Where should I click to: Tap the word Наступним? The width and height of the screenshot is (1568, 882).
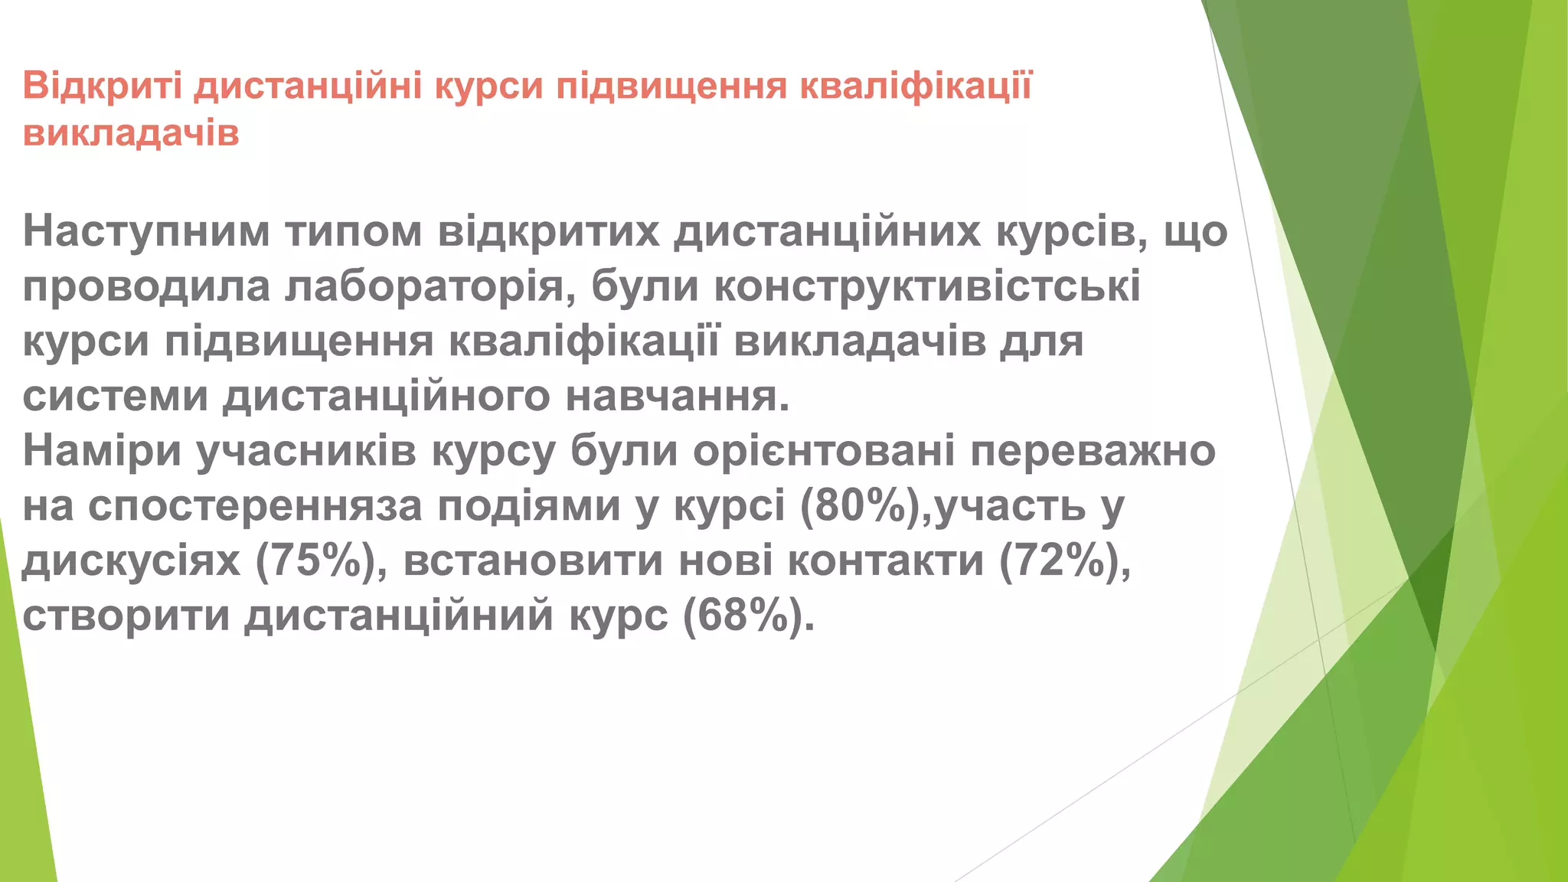click(x=145, y=230)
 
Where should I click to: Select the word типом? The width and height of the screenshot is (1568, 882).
click(x=353, y=230)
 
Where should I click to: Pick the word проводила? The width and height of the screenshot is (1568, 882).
click(x=145, y=286)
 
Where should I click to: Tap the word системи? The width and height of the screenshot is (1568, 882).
click(x=116, y=396)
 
